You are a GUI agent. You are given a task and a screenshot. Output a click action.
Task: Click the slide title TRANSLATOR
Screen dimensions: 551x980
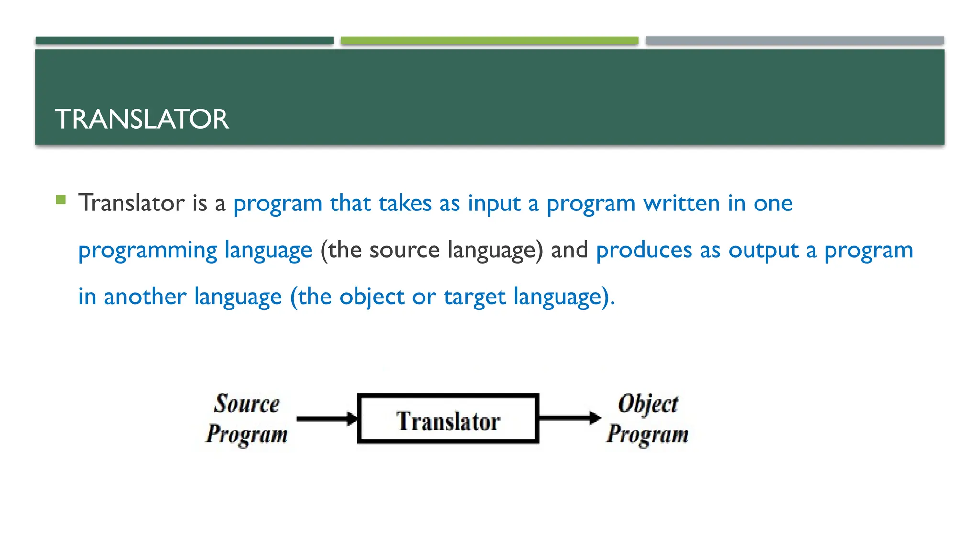142,119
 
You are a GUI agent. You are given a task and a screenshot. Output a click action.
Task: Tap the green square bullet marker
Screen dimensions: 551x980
61,199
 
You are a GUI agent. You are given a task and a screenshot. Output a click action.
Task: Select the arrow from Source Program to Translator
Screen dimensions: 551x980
327,419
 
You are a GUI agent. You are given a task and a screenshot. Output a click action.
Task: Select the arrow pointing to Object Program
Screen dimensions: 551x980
569,418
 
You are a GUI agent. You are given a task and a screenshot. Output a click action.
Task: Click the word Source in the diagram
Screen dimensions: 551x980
246,403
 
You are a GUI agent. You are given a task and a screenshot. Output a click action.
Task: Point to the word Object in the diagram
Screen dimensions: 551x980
648,404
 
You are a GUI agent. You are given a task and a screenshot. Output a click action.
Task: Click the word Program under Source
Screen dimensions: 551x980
246,434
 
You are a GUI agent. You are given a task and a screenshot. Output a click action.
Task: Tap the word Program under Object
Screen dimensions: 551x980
647,434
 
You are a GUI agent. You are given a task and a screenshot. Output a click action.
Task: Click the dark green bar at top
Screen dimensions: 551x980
184,41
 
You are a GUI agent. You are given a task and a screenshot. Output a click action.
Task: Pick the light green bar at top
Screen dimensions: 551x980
489,41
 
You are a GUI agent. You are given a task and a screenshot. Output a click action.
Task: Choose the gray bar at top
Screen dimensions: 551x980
794,41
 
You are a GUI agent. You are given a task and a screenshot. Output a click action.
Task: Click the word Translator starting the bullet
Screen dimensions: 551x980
132,203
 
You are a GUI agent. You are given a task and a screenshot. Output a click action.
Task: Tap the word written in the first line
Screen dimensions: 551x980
681,203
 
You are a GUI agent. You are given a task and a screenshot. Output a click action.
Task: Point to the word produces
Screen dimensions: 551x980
644,250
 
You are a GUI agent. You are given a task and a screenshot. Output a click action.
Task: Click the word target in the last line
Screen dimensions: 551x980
474,297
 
